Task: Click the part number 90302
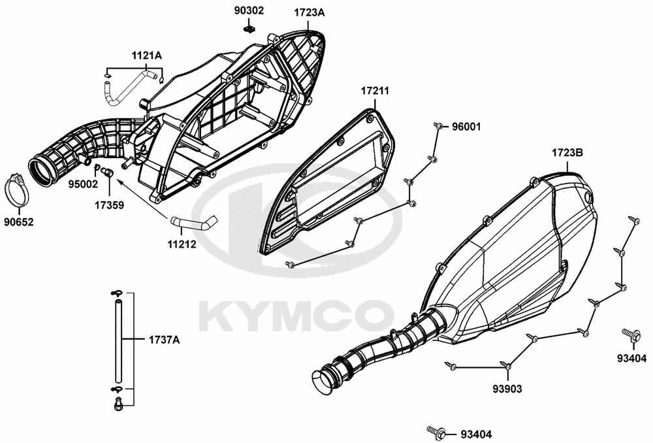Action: (249, 11)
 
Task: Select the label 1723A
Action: (309, 12)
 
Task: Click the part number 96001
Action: (466, 126)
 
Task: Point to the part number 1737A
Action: (164, 340)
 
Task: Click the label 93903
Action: (507, 389)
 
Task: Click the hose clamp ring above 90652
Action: (19, 188)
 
